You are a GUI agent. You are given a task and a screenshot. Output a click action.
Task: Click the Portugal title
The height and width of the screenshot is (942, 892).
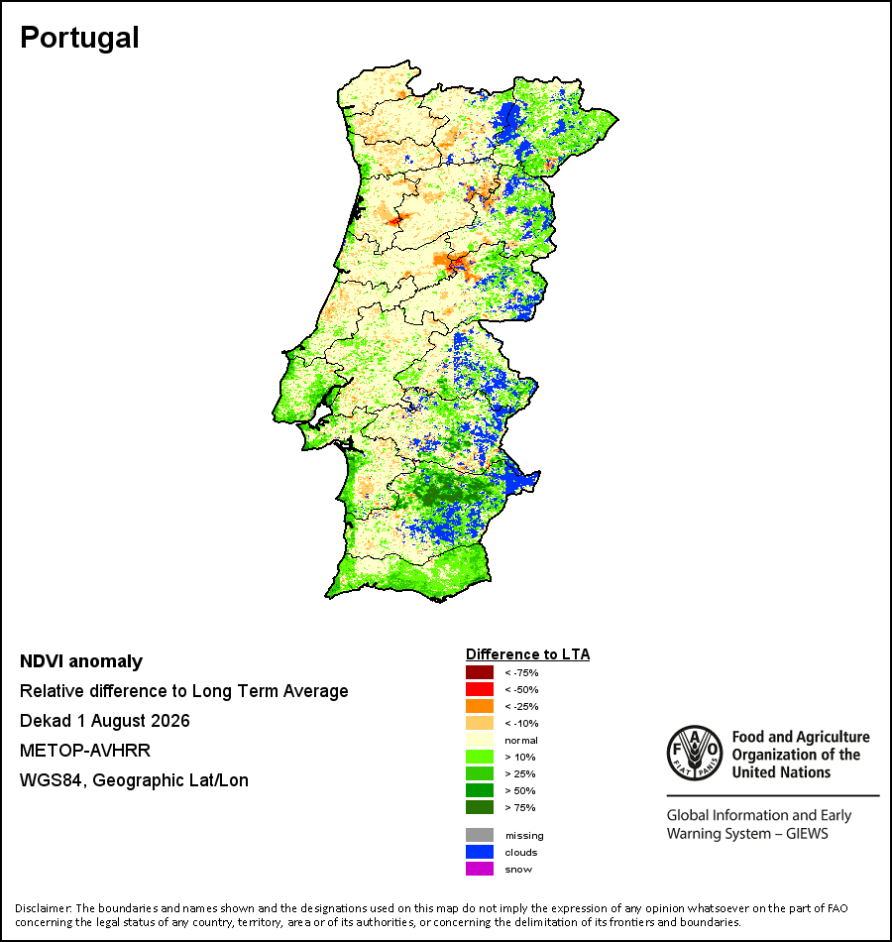(x=79, y=39)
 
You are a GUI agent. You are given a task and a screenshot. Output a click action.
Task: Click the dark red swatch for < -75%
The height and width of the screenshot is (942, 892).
(x=480, y=672)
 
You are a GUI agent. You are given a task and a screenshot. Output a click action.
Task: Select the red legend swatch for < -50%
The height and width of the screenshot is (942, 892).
(x=480, y=689)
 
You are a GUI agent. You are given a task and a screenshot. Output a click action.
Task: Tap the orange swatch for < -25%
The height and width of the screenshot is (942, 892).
(x=480, y=706)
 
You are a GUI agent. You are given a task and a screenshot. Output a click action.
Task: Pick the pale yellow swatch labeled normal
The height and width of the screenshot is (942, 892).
(x=480, y=740)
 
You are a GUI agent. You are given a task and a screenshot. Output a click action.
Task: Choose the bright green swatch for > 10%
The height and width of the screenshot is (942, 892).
(x=480, y=757)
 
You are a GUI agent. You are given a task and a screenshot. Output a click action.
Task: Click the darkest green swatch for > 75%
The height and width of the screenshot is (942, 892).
(x=480, y=807)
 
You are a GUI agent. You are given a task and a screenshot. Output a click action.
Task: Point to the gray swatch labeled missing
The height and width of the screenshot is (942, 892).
(x=480, y=835)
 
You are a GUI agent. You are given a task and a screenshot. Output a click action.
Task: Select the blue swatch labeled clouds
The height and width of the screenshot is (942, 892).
(x=480, y=852)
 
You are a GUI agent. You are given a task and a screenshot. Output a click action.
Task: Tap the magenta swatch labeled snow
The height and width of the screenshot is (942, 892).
(x=480, y=869)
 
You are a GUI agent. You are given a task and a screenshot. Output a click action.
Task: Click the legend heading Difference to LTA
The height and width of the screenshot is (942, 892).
(x=527, y=654)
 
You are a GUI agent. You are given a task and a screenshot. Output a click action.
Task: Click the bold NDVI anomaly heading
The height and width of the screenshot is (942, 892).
(x=81, y=661)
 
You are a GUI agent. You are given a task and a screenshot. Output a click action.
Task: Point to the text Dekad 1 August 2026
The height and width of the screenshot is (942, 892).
(x=104, y=720)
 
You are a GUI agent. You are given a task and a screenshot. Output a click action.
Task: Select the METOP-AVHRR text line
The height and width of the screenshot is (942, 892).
(x=85, y=751)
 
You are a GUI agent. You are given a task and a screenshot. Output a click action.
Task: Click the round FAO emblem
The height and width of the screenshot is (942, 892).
(x=695, y=754)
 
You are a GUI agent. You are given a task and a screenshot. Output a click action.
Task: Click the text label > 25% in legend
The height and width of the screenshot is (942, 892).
(x=520, y=773)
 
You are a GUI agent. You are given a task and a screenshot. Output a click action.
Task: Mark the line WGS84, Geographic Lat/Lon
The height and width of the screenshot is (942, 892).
(x=134, y=780)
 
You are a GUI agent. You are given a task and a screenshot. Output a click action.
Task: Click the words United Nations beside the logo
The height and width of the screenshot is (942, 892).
(x=781, y=772)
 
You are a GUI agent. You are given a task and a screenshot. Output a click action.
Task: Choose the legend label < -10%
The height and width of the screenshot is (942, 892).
(x=521, y=723)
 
